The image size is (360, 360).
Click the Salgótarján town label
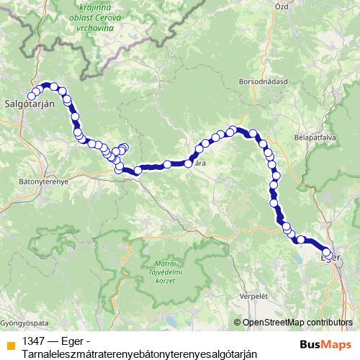[30, 104]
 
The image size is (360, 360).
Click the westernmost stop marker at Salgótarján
[32, 96]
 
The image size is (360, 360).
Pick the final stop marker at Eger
[330, 256]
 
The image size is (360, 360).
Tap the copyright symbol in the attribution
[238, 322]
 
